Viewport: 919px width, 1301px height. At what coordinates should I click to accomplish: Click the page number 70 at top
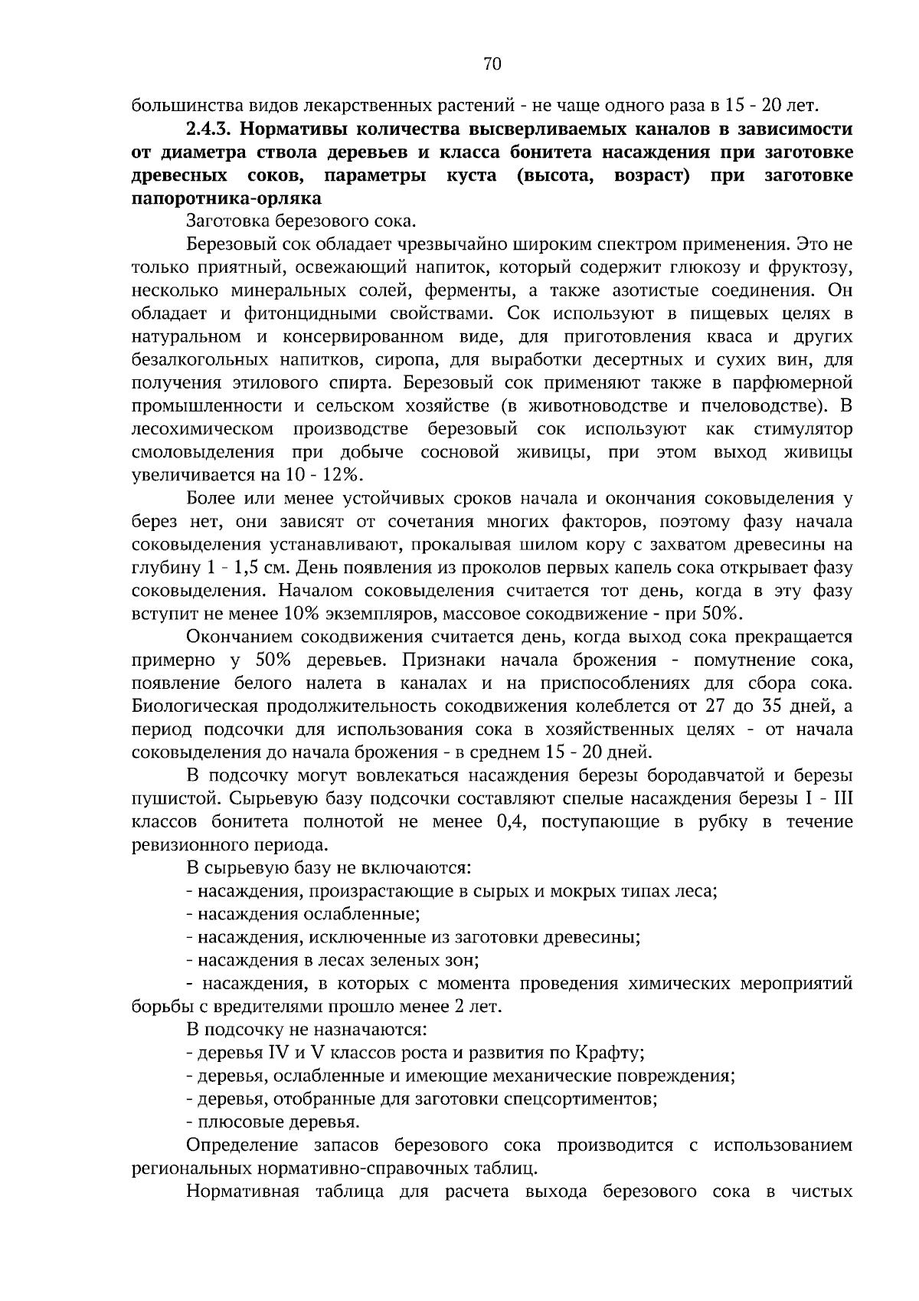click(x=492, y=64)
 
